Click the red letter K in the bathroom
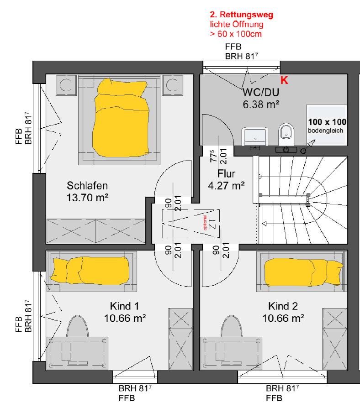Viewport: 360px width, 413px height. coord(284,80)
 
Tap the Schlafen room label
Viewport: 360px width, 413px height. coord(87,186)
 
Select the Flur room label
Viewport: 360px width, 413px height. coord(226,174)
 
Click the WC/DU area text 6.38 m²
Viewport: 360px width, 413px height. coord(261,105)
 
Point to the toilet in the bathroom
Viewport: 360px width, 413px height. coord(286,134)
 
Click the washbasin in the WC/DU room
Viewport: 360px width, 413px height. coord(254,136)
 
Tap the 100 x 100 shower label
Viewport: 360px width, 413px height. coord(327,122)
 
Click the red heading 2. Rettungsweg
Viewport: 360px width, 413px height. coord(241,15)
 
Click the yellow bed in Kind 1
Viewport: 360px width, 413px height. coord(90,271)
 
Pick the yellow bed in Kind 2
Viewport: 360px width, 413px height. coord(303,272)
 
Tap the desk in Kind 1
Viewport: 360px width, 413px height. coord(77,353)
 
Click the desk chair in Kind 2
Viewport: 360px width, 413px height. coord(231,326)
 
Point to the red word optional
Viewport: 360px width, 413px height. coord(205,223)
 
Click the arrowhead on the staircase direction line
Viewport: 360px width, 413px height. coord(264,224)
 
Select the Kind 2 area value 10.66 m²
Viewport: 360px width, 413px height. coord(283,318)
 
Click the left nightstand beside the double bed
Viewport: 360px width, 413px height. coord(66,85)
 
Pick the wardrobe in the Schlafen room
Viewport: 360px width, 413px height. coord(96,231)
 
